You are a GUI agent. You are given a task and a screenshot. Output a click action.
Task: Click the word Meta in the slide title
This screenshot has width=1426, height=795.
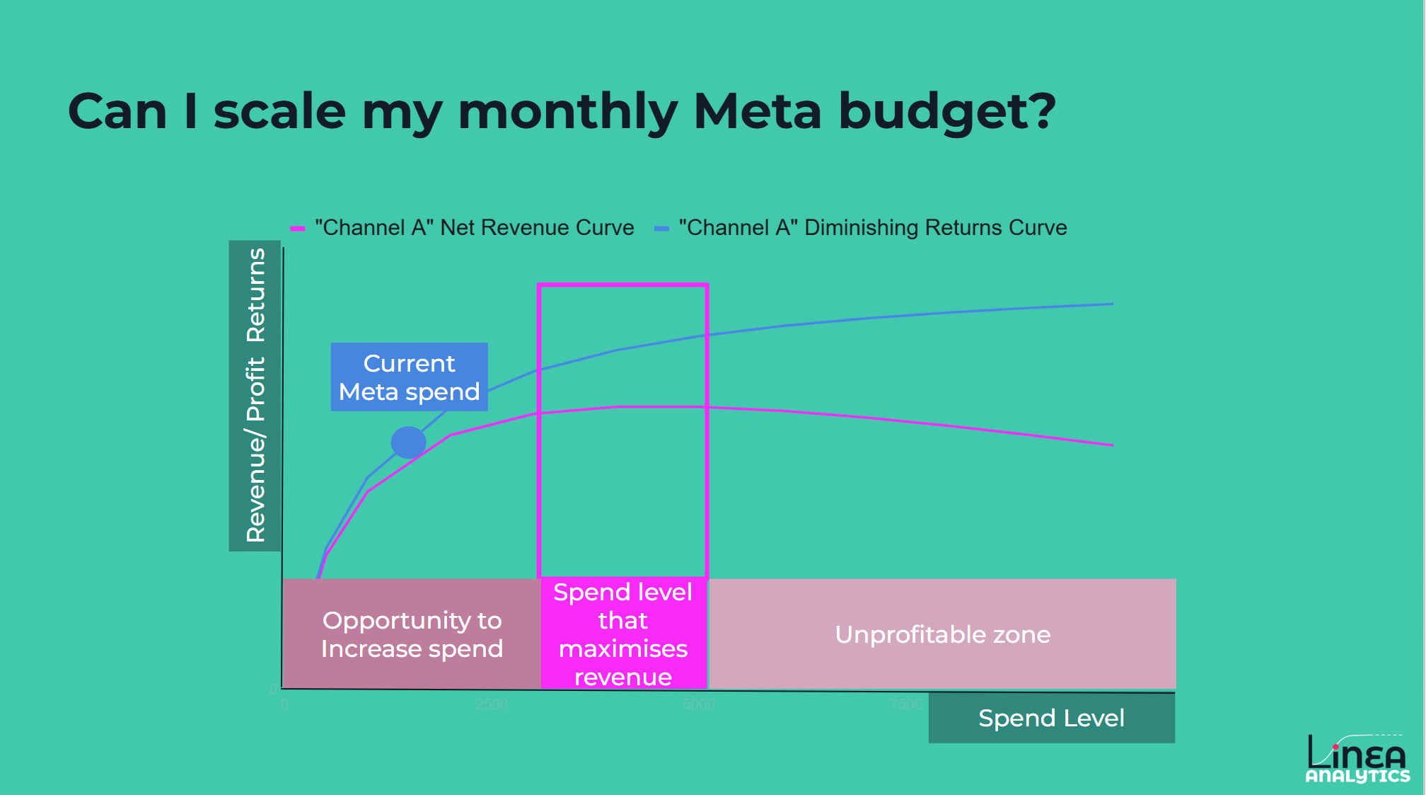[x=757, y=111]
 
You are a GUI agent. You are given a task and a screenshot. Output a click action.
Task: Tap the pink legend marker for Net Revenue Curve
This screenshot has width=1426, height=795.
[x=297, y=228]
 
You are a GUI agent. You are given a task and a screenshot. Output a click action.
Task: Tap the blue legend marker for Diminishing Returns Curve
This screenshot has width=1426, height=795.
[x=661, y=228]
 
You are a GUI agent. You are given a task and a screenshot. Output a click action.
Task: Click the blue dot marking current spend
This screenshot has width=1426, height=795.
[x=408, y=442]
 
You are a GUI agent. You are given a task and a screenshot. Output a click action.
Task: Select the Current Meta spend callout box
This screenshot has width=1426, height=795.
[x=409, y=377]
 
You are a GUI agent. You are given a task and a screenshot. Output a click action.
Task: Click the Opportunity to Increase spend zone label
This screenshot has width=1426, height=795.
[x=412, y=634]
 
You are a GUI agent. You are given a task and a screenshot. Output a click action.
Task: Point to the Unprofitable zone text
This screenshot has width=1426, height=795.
[x=942, y=634]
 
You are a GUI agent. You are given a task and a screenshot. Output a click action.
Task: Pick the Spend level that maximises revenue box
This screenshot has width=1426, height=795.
[x=622, y=634]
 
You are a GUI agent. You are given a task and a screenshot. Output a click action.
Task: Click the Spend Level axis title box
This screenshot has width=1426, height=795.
[x=1051, y=718]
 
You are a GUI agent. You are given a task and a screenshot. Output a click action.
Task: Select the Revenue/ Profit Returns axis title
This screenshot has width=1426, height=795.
[x=255, y=395]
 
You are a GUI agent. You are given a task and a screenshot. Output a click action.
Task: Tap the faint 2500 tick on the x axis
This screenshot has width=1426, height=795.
[x=492, y=704]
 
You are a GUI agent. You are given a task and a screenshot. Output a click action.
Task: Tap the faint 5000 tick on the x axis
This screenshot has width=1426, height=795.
[x=699, y=704]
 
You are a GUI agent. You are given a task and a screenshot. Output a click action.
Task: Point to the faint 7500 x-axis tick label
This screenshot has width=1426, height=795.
[x=906, y=704]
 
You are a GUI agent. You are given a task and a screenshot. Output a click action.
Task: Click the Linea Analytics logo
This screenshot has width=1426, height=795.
[x=1357, y=757]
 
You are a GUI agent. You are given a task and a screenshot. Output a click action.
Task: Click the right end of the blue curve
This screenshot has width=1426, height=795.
[x=1112, y=304]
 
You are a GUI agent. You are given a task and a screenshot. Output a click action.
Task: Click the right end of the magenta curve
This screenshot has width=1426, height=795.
[x=1112, y=445]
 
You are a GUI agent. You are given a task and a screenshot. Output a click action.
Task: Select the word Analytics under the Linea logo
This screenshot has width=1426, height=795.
[x=1357, y=777]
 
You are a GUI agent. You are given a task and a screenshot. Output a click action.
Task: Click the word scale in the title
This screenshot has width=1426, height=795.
[x=279, y=111]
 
